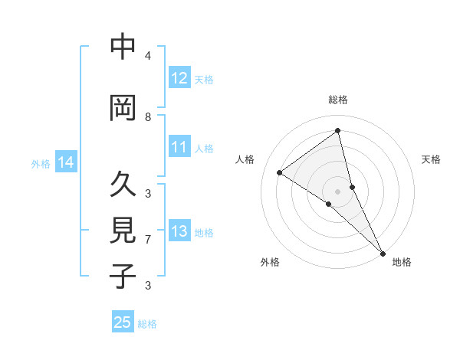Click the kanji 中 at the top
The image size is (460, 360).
(x=123, y=47)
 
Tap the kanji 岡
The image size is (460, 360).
(x=123, y=108)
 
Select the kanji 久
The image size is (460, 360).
(x=123, y=185)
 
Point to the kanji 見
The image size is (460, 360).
(x=123, y=231)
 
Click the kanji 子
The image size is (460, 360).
(x=123, y=276)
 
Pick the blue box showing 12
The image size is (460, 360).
(x=179, y=78)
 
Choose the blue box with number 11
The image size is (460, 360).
(x=179, y=147)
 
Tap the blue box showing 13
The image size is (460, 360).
(x=179, y=231)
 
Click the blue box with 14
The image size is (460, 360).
(x=66, y=162)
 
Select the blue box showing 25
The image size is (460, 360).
(x=123, y=322)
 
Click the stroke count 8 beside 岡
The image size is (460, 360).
(x=148, y=116)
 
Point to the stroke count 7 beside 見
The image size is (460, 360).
(x=148, y=240)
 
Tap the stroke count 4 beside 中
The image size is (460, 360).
(x=148, y=56)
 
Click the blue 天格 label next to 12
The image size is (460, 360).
(x=204, y=79)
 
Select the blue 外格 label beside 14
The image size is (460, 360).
(x=41, y=163)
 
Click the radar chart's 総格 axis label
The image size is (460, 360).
(x=338, y=100)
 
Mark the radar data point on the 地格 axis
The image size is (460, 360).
(x=382, y=253)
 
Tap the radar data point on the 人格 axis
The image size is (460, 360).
(x=280, y=172)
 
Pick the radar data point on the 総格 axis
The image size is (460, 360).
(x=338, y=131)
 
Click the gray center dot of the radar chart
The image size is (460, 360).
(x=338, y=191)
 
